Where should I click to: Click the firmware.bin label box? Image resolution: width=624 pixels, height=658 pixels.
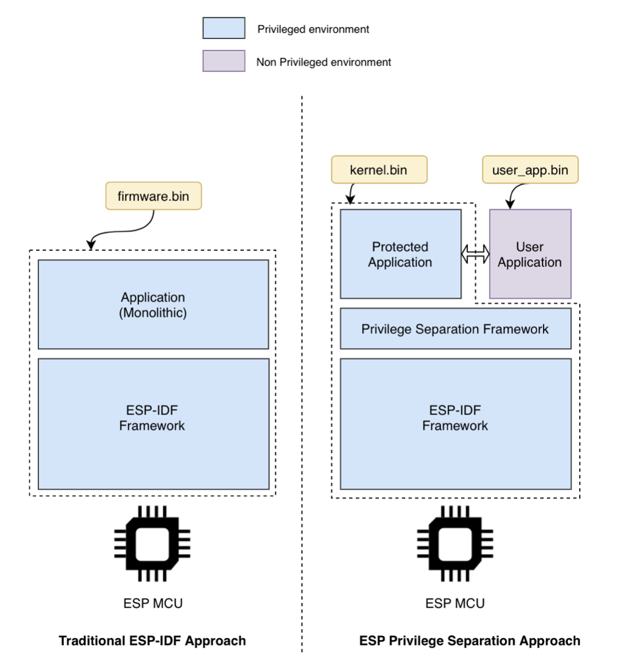(153, 196)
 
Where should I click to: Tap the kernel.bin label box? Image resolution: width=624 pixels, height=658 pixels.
(379, 170)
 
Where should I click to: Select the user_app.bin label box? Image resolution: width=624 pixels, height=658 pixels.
(530, 170)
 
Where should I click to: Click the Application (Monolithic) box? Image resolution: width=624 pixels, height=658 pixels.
(153, 304)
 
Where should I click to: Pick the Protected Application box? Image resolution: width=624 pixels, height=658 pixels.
(400, 254)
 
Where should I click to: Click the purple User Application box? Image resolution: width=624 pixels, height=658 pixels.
(530, 254)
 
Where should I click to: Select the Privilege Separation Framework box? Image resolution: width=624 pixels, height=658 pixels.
(455, 329)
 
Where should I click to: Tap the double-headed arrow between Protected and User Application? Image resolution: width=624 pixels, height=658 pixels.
(475, 254)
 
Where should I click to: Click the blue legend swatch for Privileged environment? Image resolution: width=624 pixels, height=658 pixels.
(224, 28)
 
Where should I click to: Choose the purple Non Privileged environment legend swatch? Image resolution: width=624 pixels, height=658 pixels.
(224, 61)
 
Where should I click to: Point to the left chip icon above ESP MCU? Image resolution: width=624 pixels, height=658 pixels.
(152, 544)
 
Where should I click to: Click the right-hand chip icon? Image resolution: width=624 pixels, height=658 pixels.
(455, 544)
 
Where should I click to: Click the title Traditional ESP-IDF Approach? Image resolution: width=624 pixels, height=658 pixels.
(152, 641)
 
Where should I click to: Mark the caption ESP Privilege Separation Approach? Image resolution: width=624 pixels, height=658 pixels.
(469, 641)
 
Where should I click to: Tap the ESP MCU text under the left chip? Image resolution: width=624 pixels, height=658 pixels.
(153, 603)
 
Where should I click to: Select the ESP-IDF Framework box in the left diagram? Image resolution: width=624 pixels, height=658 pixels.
(153, 424)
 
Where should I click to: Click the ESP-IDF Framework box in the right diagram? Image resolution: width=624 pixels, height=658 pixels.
(455, 424)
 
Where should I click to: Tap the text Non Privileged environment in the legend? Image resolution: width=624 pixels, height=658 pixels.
(323, 62)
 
